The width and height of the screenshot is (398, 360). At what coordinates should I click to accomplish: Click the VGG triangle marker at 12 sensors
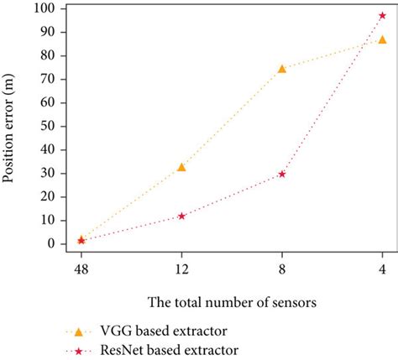[x=181, y=168]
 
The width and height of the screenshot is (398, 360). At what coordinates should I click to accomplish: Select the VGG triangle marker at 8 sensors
[x=282, y=69]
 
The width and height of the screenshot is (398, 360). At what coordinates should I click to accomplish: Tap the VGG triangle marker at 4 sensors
[x=383, y=39]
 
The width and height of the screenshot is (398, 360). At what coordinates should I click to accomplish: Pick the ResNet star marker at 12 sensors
[x=181, y=216]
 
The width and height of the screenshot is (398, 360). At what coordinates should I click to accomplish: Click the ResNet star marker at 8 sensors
[x=282, y=174]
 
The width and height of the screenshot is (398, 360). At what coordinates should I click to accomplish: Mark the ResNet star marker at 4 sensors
[x=383, y=16]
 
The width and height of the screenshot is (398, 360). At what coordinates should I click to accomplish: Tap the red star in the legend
[x=80, y=349]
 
